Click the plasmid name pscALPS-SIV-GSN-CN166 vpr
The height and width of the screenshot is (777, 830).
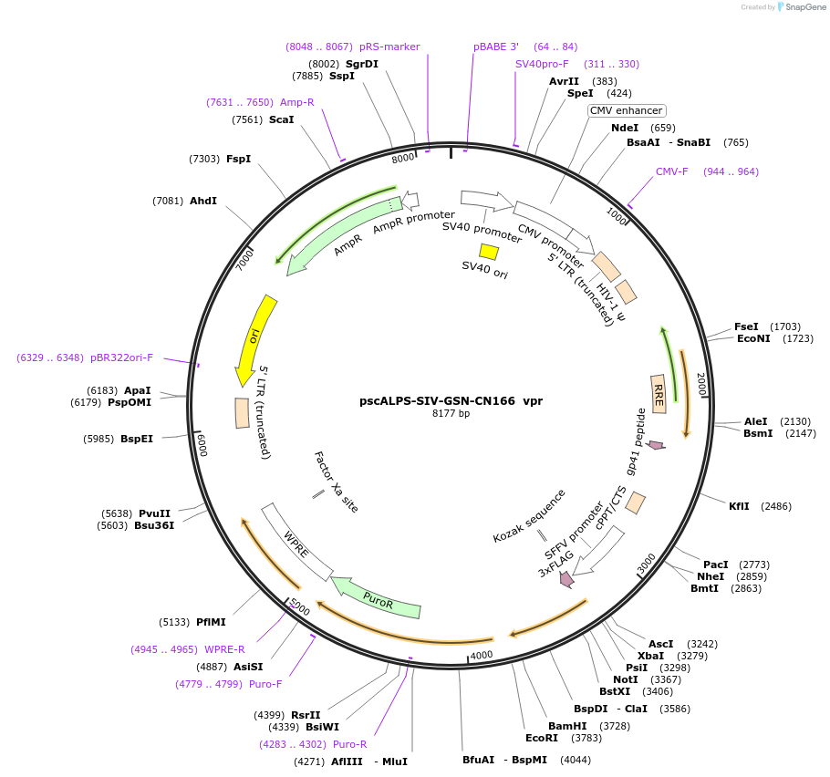pyautogui.click(x=451, y=400)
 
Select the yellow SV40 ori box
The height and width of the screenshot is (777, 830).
pyautogui.click(x=489, y=252)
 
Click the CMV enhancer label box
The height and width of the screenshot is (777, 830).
pyautogui.click(x=626, y=110)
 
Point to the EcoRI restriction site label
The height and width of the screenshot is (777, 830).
pyautogui.click(x=541, y=738)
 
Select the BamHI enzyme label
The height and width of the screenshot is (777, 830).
pyautogui.click(x=567, y=725)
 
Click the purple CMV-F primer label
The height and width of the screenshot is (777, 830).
pyautogui.click(x=673, y=171)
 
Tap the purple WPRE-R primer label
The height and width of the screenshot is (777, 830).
pyautogui.click(x=224, y=649)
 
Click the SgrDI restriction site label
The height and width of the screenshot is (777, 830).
pyautogui.click(x=361, y=64)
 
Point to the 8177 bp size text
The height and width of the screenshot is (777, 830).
pyautogui.click(x=451, y=414)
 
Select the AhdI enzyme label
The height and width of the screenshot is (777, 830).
pyautogui.click(x=202, y=201)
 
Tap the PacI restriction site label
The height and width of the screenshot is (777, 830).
pyautogui.click(x=716, y=565)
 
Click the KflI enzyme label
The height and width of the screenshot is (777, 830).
pyautogui.click(x=739, y=506)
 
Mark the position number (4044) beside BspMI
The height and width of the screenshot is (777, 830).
pyautogui.click(x=575, y=760)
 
